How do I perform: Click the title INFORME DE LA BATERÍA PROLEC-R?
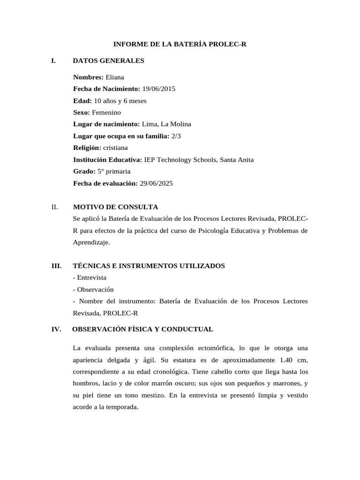(x=180, y=45)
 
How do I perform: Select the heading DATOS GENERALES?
(x=109, y=61)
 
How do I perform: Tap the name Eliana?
(x=115, y=77)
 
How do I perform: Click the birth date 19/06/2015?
(x=159, y=89)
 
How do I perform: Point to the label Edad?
(x=82, y=101)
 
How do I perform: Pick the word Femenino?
(x=106, y=112)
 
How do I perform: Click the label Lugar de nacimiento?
(x=106, y=124)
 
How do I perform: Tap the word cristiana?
(x=115, y=148)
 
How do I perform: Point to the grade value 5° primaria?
(x=114, y=172)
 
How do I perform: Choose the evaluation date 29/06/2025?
(x=156, y=184)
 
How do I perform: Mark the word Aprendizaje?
(x=91, y=242)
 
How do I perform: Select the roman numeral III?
(x=57, y=266)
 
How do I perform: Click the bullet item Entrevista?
(x=91, y=278)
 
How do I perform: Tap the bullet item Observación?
(x=95, y=290)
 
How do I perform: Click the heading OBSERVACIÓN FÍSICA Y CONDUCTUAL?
(x=142, y=330)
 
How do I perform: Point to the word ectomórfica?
(x=210, y=348)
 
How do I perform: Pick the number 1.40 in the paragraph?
(x=287, y=360)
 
